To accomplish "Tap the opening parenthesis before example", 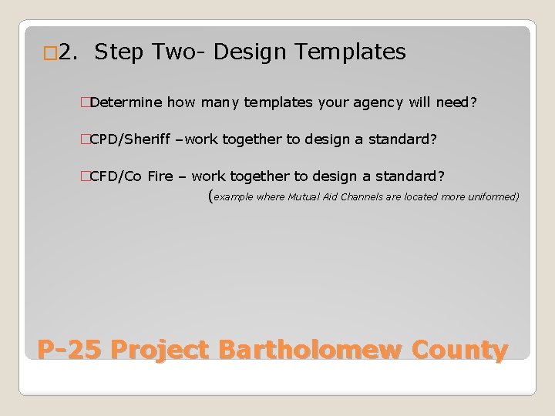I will (x=211, y=196).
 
